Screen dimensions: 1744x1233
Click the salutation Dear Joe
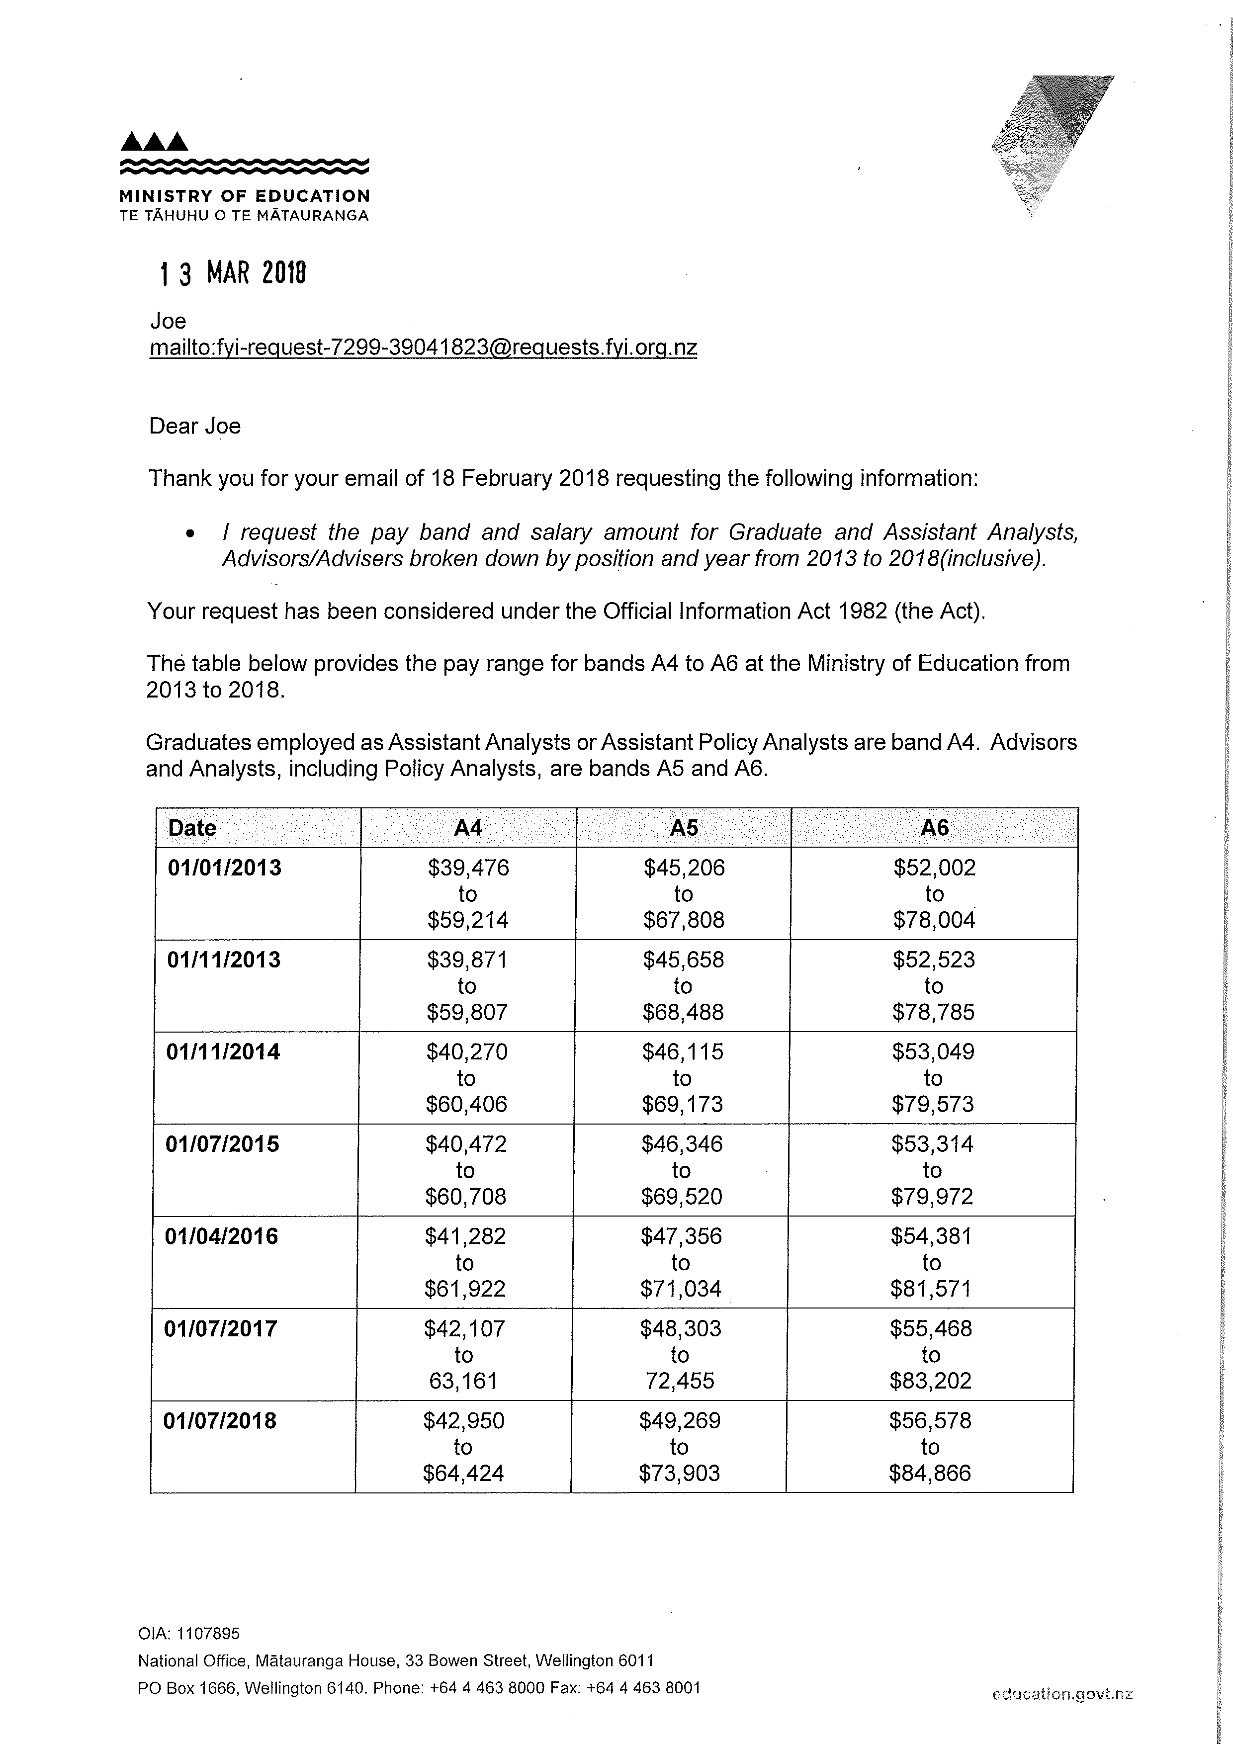tap(194, 426)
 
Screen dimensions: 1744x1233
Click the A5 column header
tap(684, 828)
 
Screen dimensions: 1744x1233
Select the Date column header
tap(192, 828)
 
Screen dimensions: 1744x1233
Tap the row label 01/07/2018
tap(220, 1420)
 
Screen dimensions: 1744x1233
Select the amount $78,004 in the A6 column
tap(934, 920)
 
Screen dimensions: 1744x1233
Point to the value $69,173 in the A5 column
tap(682, 1104)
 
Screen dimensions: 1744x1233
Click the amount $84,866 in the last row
tap(930, 1473)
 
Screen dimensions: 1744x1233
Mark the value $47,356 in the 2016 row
tap(681, 1236)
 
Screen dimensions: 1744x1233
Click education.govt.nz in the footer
tap(1062, 1693)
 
